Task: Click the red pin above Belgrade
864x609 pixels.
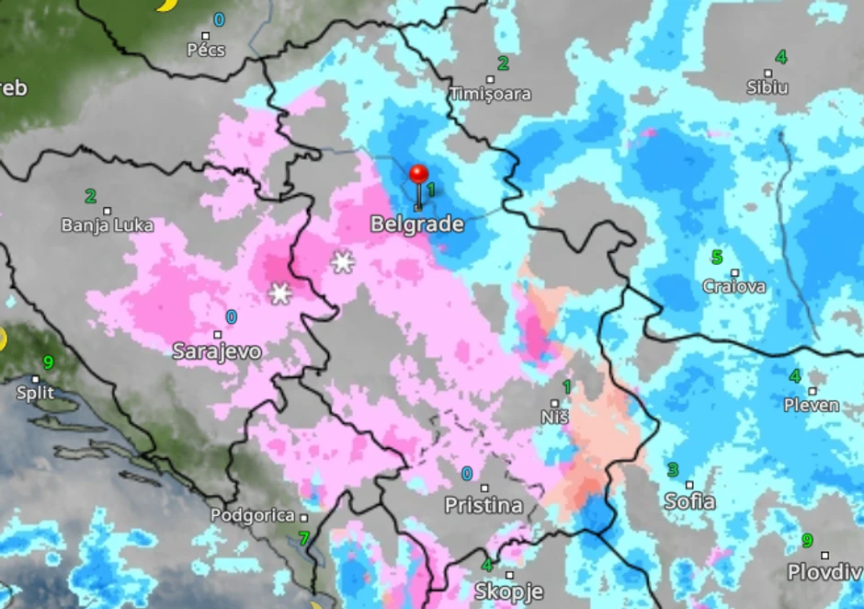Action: click(418, 175)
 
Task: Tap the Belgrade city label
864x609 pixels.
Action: click(416, 224)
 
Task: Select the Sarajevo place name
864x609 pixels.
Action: click(217, 351)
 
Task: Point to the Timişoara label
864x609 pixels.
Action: click(490, 94)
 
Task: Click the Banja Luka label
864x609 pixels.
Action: click(107, 225)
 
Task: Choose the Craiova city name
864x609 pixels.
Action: click(733, 286)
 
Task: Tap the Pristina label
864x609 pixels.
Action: click(483, 505)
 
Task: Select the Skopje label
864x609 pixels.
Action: click(508, 591)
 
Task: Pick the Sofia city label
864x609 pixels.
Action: click(689, 501)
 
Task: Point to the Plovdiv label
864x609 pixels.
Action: click(824, 572)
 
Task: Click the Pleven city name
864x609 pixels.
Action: click(811, 405)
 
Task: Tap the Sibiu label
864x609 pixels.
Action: click(767, 87)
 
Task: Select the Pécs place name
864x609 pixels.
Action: click(206, 50)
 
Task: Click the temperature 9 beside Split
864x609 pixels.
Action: click(48, 362)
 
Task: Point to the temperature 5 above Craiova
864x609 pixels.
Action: click(716, 257)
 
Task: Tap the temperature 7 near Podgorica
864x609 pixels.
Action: click(303, 538)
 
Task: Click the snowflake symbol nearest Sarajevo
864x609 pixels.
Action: click(279, 293)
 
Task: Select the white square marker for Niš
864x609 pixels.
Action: click(554, 403)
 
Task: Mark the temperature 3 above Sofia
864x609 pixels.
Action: click(673, 470)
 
